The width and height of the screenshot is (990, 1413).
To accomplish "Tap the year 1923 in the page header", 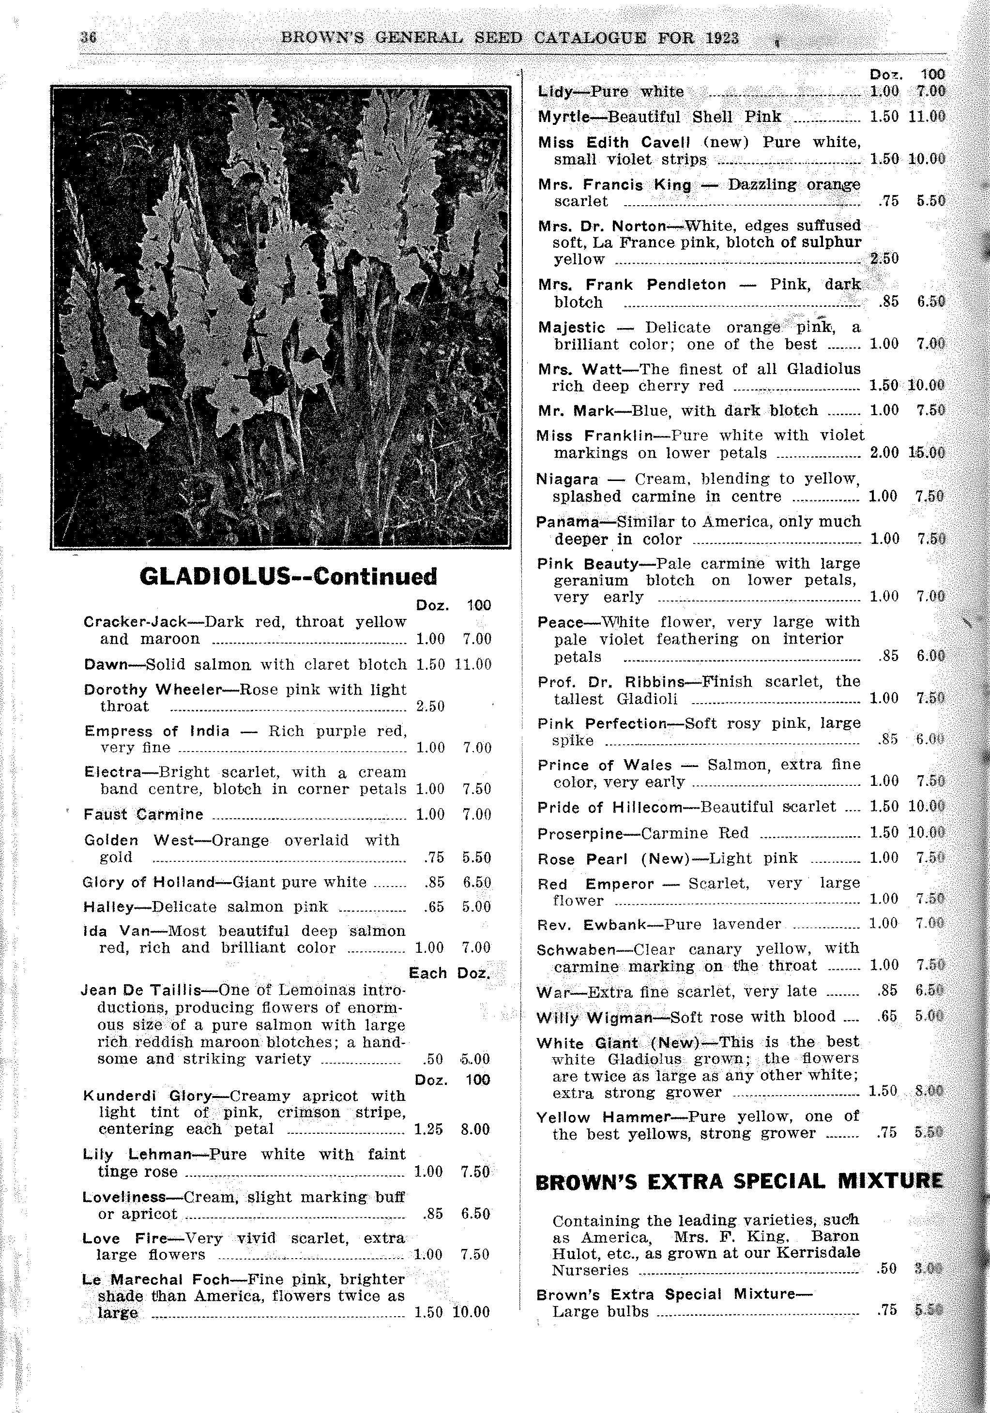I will (x=722, y=38).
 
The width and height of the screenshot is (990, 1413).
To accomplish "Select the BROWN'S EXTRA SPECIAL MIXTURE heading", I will (x=739, y=1182).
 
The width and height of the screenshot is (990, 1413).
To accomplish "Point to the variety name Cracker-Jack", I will (x=135, y=621).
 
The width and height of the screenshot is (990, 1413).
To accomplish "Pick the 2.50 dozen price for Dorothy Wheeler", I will (x=430, y=706).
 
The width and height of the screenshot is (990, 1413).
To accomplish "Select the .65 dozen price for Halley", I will (x=434, y=906).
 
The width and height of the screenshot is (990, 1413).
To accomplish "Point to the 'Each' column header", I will (x=427, y=973).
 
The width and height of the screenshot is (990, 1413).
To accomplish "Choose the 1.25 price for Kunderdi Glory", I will (x=428, y=1129).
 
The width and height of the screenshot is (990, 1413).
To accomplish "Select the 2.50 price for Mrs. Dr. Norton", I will (x=884, y=258).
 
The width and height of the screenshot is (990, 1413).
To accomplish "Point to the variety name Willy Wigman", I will (x=594, y=1017).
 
